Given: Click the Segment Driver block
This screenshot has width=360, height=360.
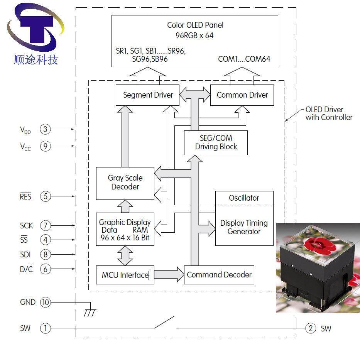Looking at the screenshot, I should tap(148, 95).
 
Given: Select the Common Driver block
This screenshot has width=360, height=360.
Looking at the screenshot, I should tap(242, 95).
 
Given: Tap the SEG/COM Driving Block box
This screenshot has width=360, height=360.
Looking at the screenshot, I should tap(216, 142).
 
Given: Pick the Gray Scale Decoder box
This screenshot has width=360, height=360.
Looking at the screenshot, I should tap(125, 183).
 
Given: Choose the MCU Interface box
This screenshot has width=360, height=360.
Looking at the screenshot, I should tap(125, 275).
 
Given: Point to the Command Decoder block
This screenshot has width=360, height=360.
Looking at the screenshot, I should tap(219, 275).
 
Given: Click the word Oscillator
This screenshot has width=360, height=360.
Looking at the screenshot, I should tap(244, 198).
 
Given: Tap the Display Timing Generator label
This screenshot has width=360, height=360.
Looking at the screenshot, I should tap(244, 227).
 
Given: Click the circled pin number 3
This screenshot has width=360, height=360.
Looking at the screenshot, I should tap(46, 129).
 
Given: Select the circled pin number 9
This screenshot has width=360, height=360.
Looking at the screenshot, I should tap(46, 146).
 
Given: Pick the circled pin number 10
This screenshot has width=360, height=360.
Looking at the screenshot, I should tap(46, 302).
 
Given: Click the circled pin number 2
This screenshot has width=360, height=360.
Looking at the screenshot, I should tap(311, 328).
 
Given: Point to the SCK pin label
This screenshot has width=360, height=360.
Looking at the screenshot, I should tap(27, 225).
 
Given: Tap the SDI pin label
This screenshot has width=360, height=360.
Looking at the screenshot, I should tap(25, 255).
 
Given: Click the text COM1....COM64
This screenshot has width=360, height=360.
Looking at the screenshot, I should tap(244, 59).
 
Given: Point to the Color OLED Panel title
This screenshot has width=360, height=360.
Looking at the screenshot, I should tap(195, 25).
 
